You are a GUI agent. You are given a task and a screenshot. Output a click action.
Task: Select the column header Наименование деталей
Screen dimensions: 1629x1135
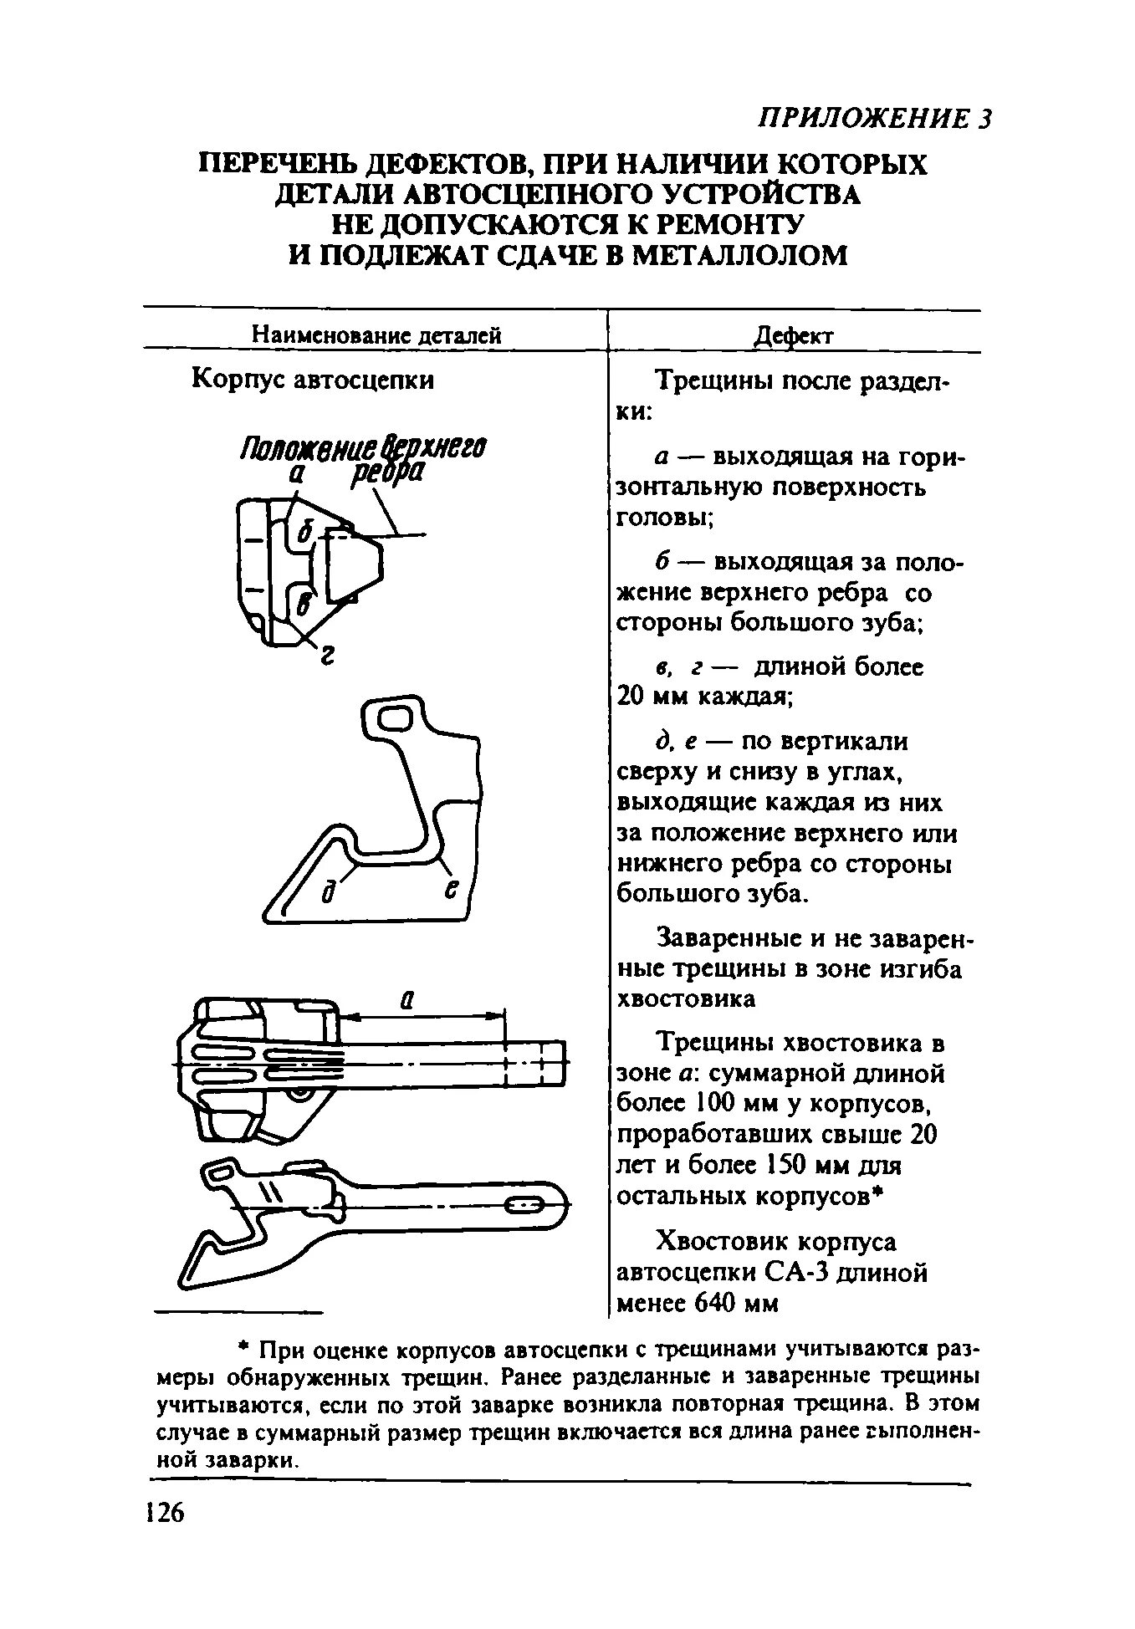point(376,336)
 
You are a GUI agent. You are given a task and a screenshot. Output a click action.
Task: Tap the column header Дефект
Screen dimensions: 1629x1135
point(794,336)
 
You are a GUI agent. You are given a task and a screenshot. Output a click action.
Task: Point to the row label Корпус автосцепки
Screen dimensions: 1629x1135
point(314,380)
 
